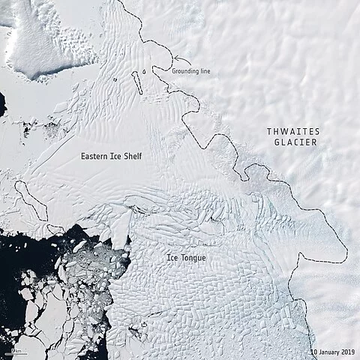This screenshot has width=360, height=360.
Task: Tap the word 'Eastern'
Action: [97, 156]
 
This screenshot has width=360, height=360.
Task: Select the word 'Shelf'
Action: [132, 156]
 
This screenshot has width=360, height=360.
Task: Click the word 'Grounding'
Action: [186, 71]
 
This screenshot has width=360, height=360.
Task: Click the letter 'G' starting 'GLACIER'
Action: [275, 142]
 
